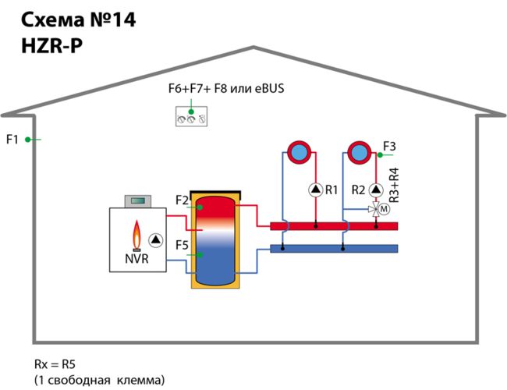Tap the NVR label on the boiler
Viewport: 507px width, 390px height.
[136, 259]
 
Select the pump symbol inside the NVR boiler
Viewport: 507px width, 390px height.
[156, 240]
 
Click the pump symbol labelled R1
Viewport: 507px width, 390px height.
[316, 190]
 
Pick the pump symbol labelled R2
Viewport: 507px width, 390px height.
[376, 190]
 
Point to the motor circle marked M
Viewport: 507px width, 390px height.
[384, 209]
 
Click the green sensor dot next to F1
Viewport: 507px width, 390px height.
[28, 140]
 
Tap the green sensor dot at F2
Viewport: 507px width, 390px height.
[200, 207]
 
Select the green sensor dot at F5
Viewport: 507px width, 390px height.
[200, 255]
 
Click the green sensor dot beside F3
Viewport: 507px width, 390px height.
[380, 155]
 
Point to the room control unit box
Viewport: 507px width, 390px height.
[191, 116]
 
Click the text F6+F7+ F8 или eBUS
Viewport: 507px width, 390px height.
[226, 89]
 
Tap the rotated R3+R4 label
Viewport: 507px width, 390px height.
[394, 186]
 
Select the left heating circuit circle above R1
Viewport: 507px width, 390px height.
[300, 152]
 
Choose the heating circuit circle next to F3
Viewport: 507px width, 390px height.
[360, 152]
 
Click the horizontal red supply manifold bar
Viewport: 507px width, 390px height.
[334, 226]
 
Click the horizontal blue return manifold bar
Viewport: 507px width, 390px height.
[334, 248]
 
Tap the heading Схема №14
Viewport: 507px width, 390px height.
[78, 20]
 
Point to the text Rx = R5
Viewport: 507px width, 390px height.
[55, 364]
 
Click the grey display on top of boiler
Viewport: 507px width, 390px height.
[138, 201]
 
